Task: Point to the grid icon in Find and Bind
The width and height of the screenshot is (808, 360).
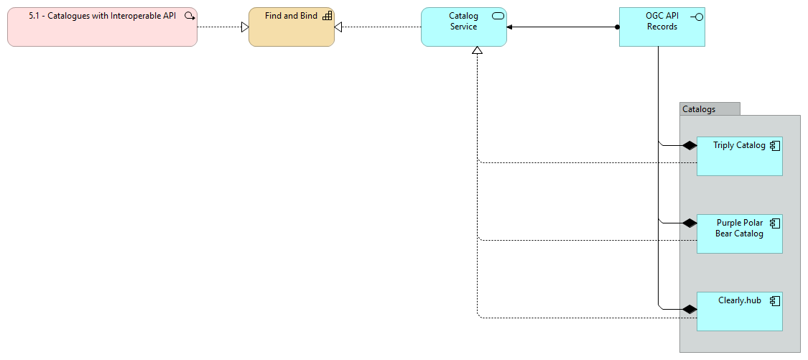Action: click(x=327, y=16)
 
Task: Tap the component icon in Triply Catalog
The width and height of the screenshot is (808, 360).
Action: click(x=775, y=146)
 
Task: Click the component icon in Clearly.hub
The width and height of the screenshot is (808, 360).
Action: click(x=775, y=301)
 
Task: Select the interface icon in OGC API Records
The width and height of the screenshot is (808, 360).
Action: click(x=695, y=17)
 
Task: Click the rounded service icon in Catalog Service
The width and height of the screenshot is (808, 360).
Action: click(x=498, y=16)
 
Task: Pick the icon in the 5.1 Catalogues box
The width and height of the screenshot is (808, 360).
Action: click(x=190, y=16)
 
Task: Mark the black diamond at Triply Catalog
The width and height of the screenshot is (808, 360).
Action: click(x=689, y=146)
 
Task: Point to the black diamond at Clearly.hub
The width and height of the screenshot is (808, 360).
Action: click(x=689, y=310)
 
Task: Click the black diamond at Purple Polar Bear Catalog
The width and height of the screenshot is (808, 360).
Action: click(x=689, y=223)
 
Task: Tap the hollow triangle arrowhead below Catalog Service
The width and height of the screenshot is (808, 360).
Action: click(x=477, y=50)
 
